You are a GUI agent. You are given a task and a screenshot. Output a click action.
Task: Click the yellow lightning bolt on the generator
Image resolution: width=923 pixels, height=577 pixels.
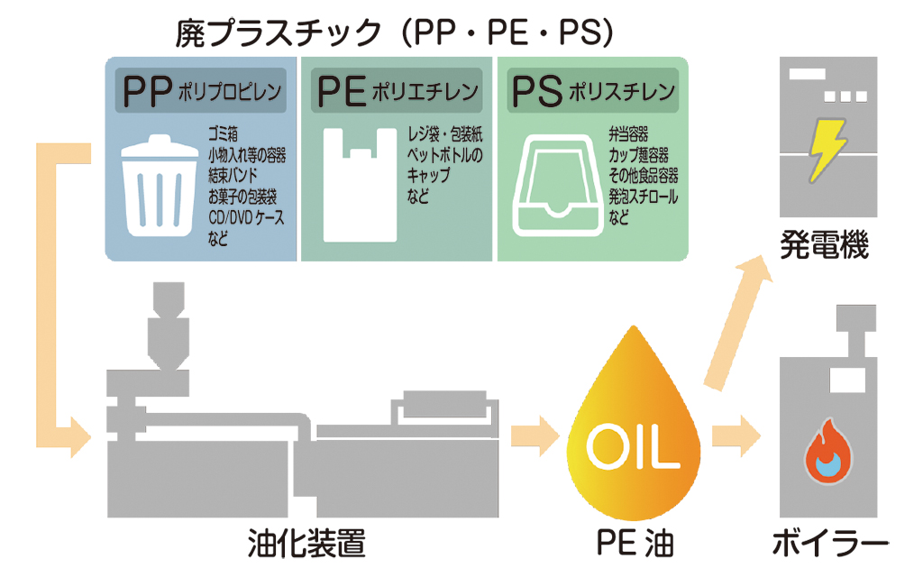(x=827, y=151)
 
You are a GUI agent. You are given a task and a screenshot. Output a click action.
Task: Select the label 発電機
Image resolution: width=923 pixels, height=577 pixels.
(x=825, y=245)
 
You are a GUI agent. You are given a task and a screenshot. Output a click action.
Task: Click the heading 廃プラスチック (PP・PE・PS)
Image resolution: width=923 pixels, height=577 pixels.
(x=395, y=33)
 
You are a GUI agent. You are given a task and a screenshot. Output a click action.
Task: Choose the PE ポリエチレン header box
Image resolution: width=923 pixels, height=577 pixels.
(x=397, y=90)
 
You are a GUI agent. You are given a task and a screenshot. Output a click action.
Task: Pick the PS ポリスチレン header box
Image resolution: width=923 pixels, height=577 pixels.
(x=592, y=90)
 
